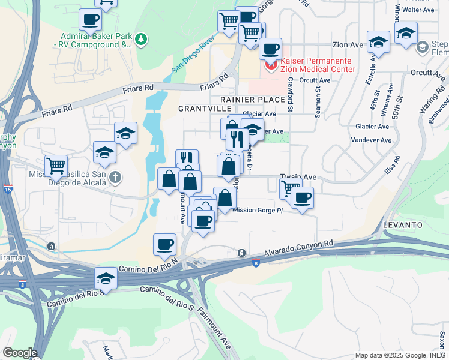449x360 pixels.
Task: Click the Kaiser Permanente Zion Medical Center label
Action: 322,65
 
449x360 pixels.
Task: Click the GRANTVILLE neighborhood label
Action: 205,108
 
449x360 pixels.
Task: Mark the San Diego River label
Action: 193,55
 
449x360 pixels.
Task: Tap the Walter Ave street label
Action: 418,10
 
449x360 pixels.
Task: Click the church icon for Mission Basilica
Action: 115,178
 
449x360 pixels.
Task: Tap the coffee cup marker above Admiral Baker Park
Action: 90,19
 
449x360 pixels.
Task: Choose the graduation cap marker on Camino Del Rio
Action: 106,278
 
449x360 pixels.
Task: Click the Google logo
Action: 20,353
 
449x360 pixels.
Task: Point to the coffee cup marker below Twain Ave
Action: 302,197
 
